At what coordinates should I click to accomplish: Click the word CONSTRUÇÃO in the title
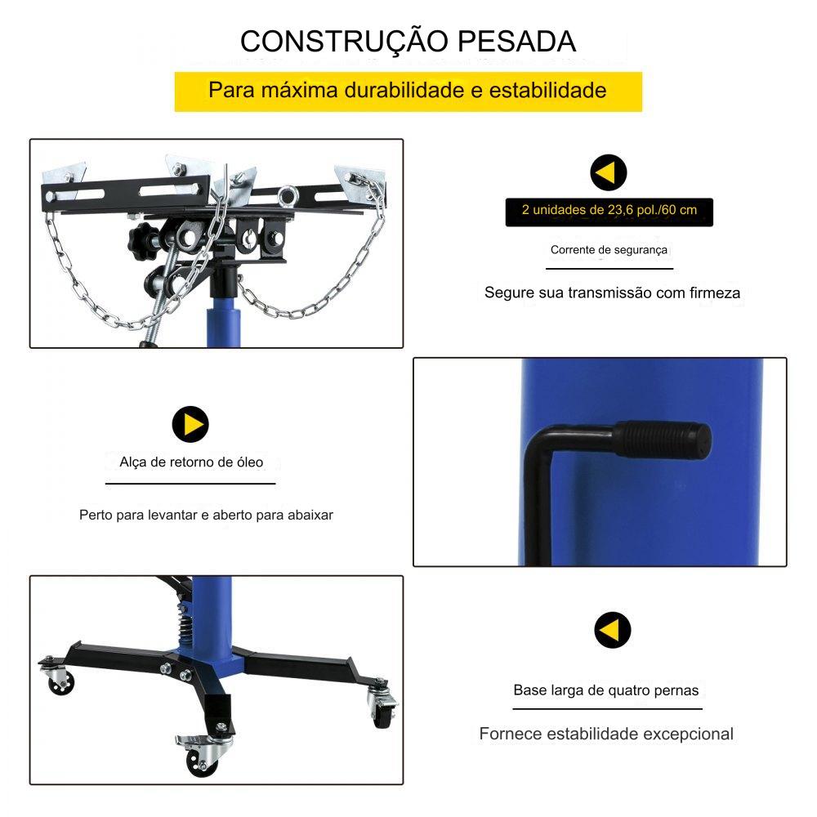tap(344, 41)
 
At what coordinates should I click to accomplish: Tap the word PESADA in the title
tap(517, 41)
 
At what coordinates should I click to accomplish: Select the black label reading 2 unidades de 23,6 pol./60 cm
tap(609, 212)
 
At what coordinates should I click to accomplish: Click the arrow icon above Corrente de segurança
tap(608, 172)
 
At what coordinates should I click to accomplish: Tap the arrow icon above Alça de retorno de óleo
tap(190, 424)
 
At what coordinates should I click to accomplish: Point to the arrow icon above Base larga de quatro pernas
tap(612, 629)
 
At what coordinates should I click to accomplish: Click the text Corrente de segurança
tap(609, 250)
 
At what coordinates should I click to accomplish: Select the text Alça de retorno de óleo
tap(191, 462)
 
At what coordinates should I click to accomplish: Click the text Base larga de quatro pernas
tap(606, 690)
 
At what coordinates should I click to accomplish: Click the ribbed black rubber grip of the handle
tap(663, 440)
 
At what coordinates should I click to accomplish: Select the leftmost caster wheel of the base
tap(60, 681)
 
